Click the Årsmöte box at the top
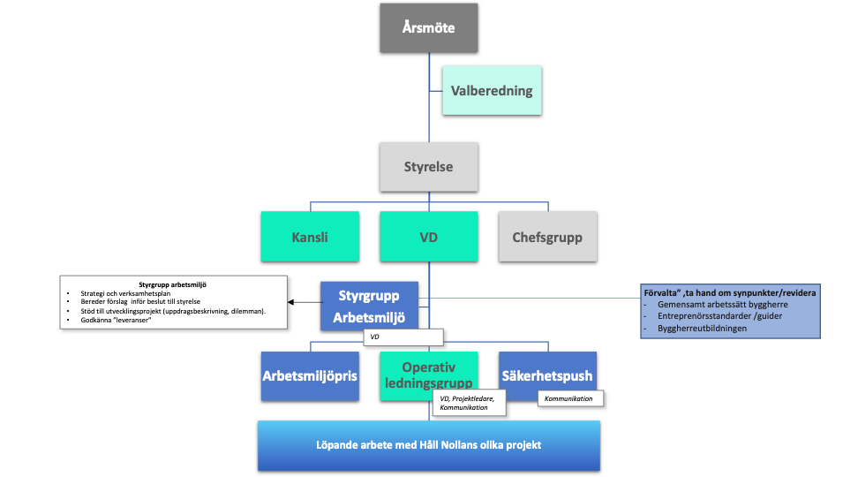pos(428,27)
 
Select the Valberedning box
pos(492,90)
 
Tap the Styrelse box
pos(428,166)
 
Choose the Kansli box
pos(309,236)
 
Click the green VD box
pos(428,236)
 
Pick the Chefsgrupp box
pos(547,236)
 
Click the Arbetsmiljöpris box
pos(309,375)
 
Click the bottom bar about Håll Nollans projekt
pos(428,444)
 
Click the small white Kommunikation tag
pos(572,399)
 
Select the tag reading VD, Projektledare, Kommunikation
pos(472,404)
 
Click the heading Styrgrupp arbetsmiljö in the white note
pos(174,284)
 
